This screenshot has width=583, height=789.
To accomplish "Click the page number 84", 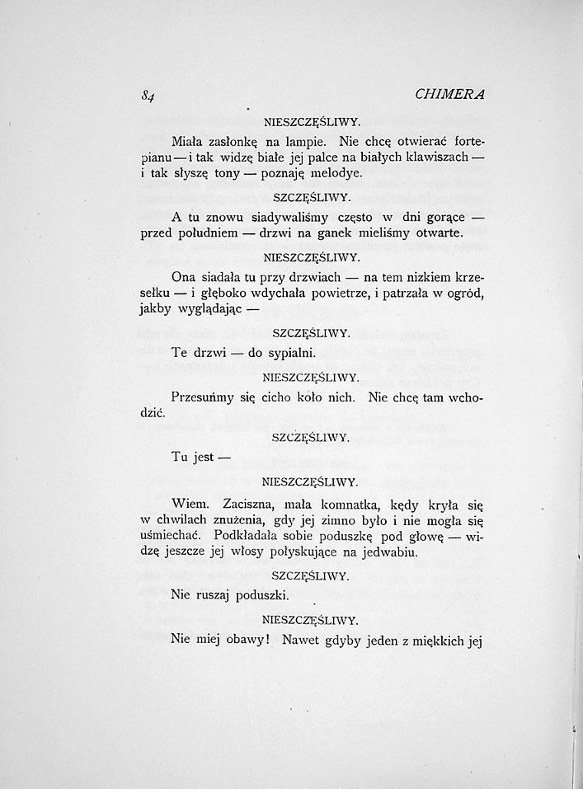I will coord(148,95).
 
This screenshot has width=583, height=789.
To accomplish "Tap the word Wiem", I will coord(189,502).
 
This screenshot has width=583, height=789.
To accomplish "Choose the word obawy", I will coord(247,639).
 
